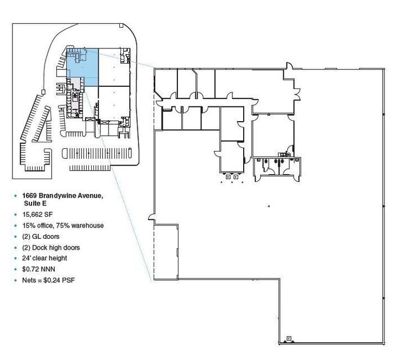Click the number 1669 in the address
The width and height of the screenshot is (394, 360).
[x=30, y=195]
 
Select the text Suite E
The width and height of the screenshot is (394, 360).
[x=35, y=203]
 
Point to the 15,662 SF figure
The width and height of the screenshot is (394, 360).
[x=38, y=214]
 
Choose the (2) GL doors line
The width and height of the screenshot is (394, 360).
[x=41, y=237]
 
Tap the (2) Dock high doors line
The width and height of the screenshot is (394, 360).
[x=51, y=247]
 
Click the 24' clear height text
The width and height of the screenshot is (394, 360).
[x=44, y=259]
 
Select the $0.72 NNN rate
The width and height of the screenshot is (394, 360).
[x=38, y=269]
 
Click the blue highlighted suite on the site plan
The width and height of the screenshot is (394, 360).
[x=82, y=67]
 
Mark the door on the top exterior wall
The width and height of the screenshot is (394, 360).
[x=289, y=66]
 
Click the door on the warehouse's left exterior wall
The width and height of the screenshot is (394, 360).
[x=151, y=217]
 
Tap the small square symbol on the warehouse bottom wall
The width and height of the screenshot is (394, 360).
[x=289, y=339]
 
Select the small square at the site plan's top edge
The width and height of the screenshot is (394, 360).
[x=121, y=25]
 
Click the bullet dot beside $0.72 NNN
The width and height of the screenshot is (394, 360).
[x=16, y=269]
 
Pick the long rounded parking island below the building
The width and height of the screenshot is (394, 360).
[x=97, y=153]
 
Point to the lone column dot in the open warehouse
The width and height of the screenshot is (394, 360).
[x=269, y=206]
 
